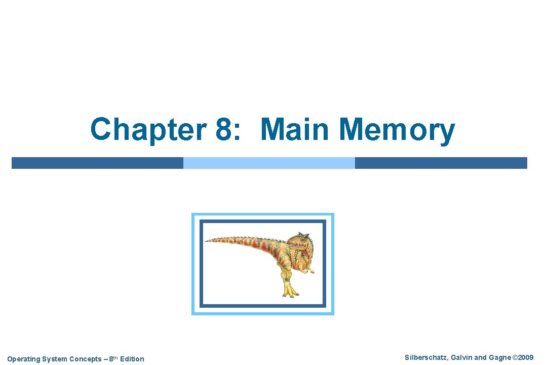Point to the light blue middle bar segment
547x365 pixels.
tap(269, 163)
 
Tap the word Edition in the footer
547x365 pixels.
tap(132, 359)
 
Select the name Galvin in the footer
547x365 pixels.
tap(458, 358)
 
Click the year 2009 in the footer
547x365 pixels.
tap(525, 358)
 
